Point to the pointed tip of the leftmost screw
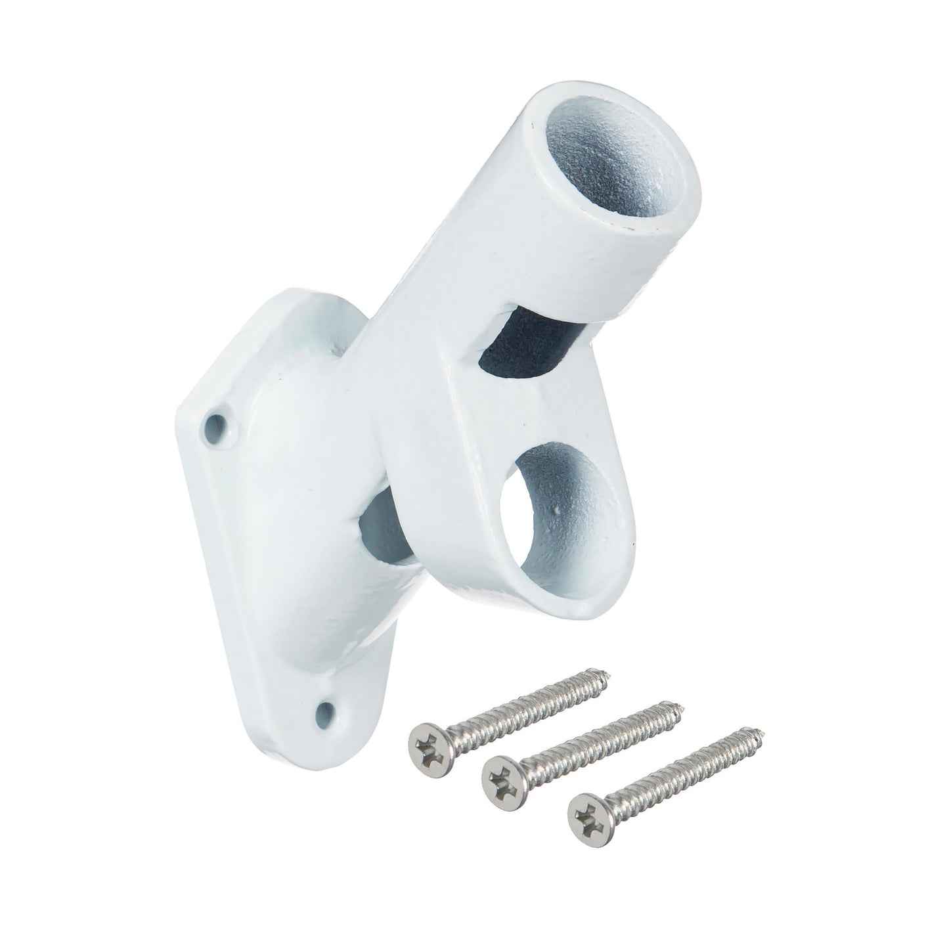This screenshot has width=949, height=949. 607,671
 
